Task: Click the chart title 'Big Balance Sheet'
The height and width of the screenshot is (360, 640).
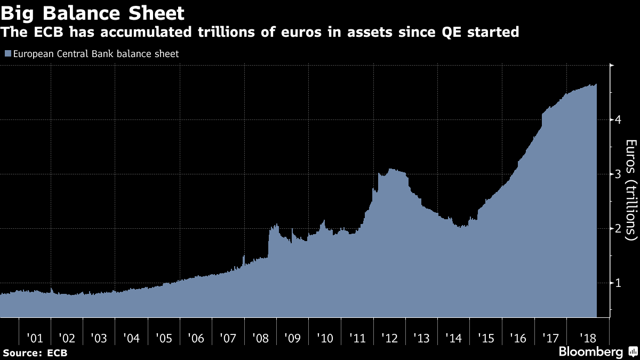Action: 93,13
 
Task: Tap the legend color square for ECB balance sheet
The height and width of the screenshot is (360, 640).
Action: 7,54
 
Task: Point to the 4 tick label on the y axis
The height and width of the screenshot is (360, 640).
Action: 618,119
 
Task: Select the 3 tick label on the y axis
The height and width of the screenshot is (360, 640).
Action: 618,174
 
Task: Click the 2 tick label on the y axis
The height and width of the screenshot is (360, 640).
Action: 618,228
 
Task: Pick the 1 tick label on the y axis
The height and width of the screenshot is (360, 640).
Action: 618,283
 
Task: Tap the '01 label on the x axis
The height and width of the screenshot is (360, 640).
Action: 35,338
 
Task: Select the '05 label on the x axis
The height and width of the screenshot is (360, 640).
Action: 164,338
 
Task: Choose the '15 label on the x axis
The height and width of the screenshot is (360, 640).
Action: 486,338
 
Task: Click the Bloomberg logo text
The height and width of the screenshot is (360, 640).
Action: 590,352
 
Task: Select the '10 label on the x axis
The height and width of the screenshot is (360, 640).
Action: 325,338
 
